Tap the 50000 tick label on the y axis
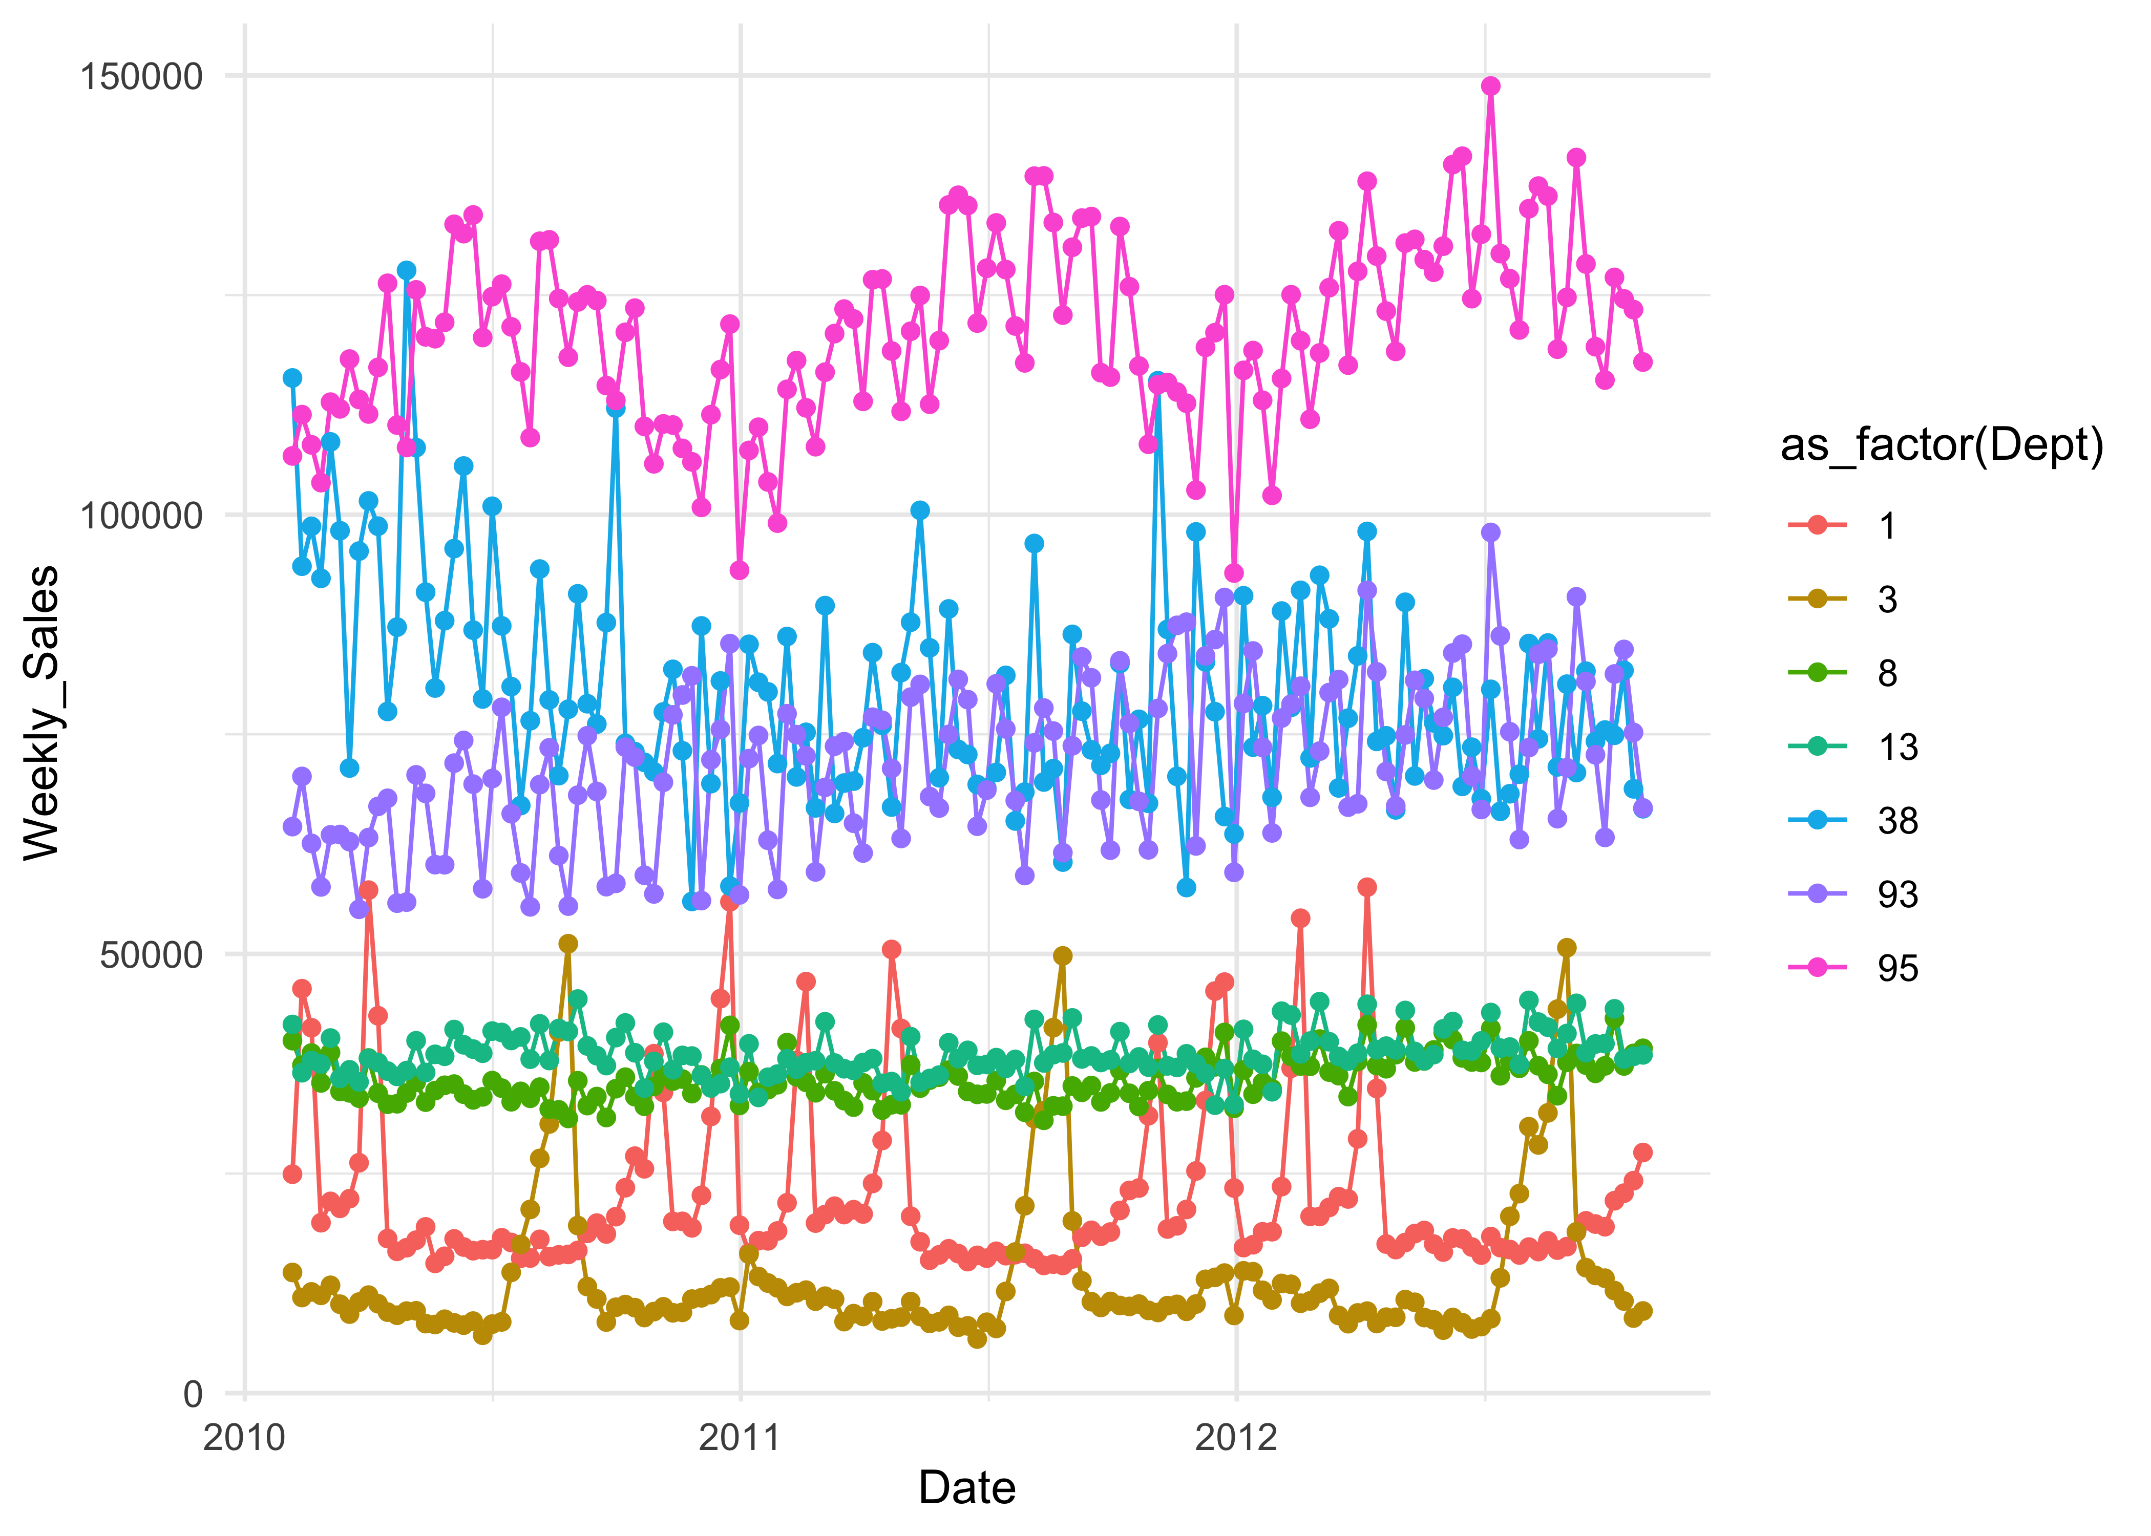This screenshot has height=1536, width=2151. click(152, 954)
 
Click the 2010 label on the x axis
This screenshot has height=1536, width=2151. click(244, 1438)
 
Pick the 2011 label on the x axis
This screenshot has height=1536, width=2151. click(740, 1438)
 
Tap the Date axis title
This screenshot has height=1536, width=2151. click(967, 1488)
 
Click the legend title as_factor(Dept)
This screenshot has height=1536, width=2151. click(1942, 444)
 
